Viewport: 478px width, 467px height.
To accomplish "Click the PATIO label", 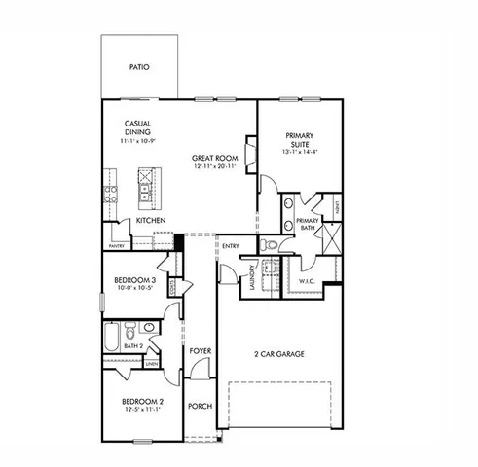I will tap(141, 68).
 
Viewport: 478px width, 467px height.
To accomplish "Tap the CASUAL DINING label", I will tap(136, 128).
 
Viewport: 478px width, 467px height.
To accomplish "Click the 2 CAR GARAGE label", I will tap(279, 353).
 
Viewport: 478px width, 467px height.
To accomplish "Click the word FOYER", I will tap(201, 350).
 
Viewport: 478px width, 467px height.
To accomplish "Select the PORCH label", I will tap(200, 407).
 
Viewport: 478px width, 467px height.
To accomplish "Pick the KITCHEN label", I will tap(150, 221).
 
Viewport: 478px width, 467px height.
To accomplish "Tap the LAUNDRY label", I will tap(252, 277).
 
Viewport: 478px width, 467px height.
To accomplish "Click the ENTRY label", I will tap(231, 246).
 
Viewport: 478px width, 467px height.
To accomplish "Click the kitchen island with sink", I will tap(147, 187).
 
